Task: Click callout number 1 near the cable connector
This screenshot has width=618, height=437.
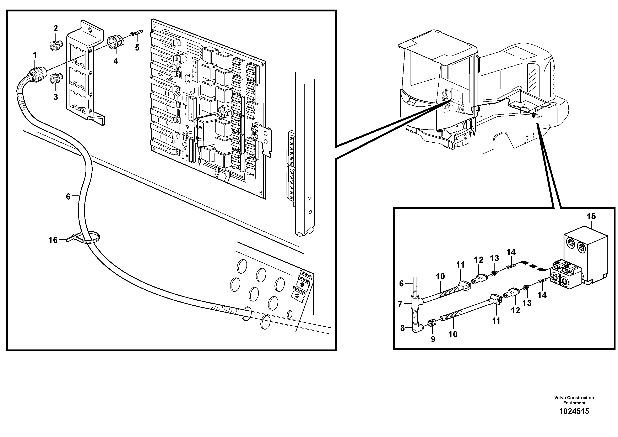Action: pyautogui.click(x=35, y=55)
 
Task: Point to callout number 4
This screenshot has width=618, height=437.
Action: pyautogui.click(x=116, y=61)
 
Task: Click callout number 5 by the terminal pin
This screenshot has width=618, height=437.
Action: pyautogui.click(x=137, y=48)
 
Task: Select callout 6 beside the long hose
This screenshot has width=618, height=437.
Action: pyautogui.click(x=68, y=197)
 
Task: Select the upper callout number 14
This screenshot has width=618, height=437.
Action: pyautogui.click(x=511, y=252)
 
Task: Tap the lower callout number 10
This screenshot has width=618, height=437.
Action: pyautogui.click(x=453, y=334)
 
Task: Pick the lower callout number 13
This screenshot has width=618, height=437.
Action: pyautogui.click(x=527, y=303)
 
